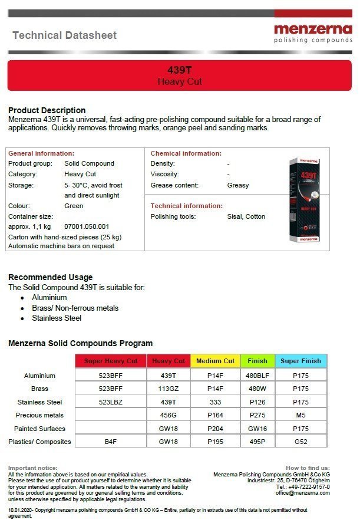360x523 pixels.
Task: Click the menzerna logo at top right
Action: pyautogui.click(x=312, y=32)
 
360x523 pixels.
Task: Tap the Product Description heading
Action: pyautogui.click(x=47, y=110)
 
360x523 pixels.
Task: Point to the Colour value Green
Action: pyautogui.click(x=74, y=206)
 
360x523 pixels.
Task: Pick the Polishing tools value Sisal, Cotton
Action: pyautogui.click(x=246, y=216)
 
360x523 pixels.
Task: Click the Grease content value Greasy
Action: pyautogui.click(x=238, y=185)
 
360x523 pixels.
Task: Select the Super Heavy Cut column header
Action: pyautogui.click(x=110, y=361)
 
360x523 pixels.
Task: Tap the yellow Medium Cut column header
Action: pyautogui.click(x=215, y=361)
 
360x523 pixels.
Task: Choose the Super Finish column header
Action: pyautogui.click(x=301, y=361)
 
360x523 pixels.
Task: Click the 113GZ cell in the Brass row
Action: pyautogui.click(x=169, y=389)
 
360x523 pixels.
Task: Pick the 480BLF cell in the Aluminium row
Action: pyautogui.click(x=257, y=376)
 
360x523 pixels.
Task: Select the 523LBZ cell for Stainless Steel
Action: pyautogui.click(x=110, y=402)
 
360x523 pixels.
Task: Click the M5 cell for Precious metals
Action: pyautogui.click(x=301, y=415)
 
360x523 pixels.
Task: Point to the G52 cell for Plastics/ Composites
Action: pyautogui.click(x=301, y=442)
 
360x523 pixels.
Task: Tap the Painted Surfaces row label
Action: pyautogui.click(x=40, y=429)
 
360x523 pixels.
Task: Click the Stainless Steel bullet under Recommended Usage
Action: pyautogui.click(x=57, y=318)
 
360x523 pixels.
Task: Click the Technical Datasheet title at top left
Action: pyautogui.click(x=65, y=35)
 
